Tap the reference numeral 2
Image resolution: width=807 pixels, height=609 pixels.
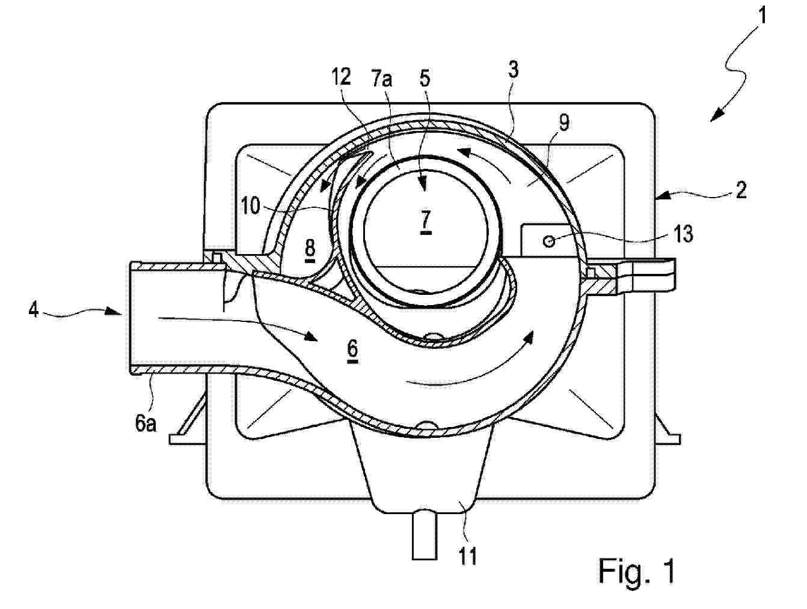740,190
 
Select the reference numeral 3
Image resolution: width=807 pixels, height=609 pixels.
513,70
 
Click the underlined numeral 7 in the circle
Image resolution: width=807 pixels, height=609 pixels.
425,222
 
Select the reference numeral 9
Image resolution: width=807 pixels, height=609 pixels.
563,123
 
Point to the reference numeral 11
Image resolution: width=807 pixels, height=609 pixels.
468,556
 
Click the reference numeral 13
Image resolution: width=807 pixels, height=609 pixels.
683,234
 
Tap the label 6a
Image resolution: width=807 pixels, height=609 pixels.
146,423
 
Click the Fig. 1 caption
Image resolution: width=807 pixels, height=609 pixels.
636,571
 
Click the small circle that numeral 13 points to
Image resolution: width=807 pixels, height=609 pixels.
549,241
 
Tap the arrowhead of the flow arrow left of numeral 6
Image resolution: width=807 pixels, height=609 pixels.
310,336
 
